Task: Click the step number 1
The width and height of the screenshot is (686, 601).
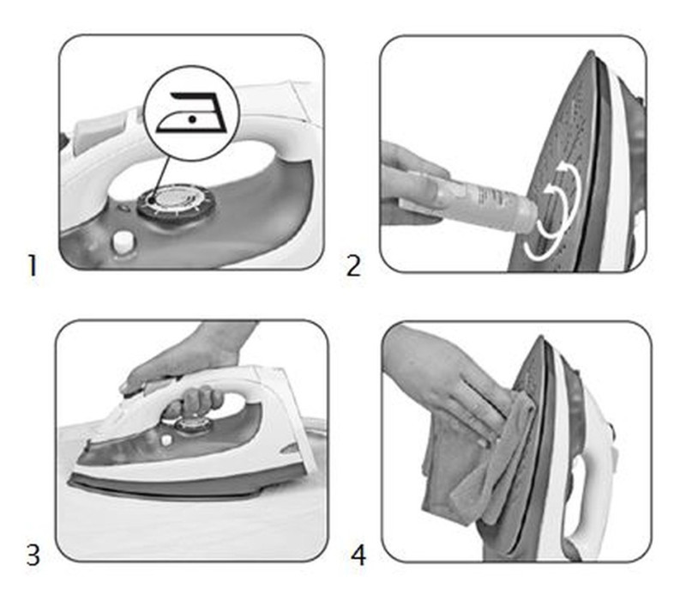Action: (x=32, y=266)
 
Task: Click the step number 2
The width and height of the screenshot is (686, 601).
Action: (x=353, y=266)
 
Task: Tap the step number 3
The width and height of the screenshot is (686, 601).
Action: (x=33, y=555)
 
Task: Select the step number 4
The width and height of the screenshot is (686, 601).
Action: (x=358, y=555)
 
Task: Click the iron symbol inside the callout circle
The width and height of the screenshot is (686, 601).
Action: (x=192, y=112)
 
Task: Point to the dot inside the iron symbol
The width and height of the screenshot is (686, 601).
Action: (x=191, y=118)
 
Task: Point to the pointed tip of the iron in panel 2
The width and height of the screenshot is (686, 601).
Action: (x=591, y=52)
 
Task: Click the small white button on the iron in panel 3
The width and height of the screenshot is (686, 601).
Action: (x=165, y=440)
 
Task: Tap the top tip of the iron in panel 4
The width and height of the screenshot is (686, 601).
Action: (x=542, y=338)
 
